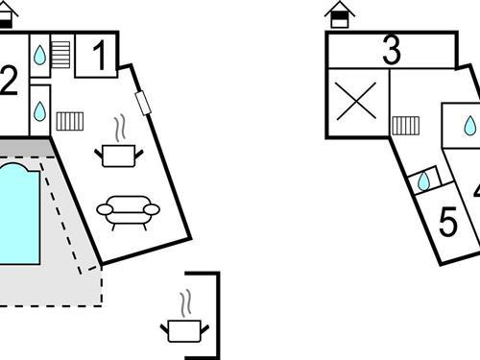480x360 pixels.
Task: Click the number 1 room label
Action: pos(99,58)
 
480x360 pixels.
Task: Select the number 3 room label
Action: pos(391,51)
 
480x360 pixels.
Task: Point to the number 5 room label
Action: pos(447,222)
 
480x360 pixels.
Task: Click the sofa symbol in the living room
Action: pos(126,210)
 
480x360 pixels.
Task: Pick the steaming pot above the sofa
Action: pos(120,152)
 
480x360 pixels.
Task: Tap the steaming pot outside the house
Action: pos(183,329)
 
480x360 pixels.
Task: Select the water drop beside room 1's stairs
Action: pos(40,56)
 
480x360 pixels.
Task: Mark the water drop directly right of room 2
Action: pos(40,111)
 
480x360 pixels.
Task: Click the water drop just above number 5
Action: pos(424,180)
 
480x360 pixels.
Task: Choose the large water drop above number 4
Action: pos(469,126)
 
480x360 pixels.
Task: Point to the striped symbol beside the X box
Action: pos(405,125)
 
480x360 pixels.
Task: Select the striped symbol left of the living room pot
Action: pos(70,121)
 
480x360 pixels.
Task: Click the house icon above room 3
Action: pos(338,14)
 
